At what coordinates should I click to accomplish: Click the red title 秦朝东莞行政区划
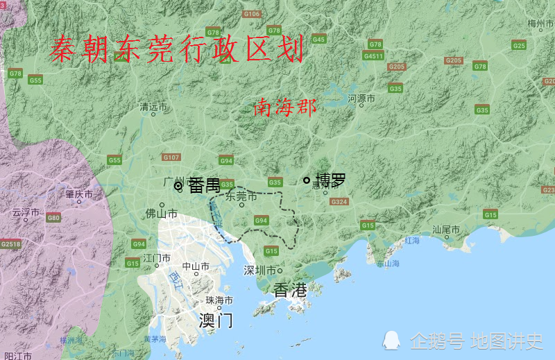pos(177,50)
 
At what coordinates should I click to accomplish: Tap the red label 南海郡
pos(284,108)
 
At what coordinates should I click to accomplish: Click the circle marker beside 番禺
pos(178,186)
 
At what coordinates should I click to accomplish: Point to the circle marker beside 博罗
pos(307,180)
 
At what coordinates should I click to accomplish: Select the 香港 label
pos(290,290)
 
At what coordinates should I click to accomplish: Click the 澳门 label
pos(216,320)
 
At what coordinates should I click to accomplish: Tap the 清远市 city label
pos(154,108)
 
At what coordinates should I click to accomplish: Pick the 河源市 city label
pos(361,99)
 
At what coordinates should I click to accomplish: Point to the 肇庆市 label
pos(79,195)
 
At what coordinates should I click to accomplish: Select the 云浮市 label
pos(26,212)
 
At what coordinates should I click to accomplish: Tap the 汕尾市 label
pos(447,229)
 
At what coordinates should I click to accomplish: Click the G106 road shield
pos(252,14)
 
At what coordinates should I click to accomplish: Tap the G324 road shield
pos(339,202)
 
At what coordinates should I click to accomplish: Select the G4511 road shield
pos(373,56)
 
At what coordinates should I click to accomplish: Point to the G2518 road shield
pos(10,243)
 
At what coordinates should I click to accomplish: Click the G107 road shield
pos(171,157)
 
